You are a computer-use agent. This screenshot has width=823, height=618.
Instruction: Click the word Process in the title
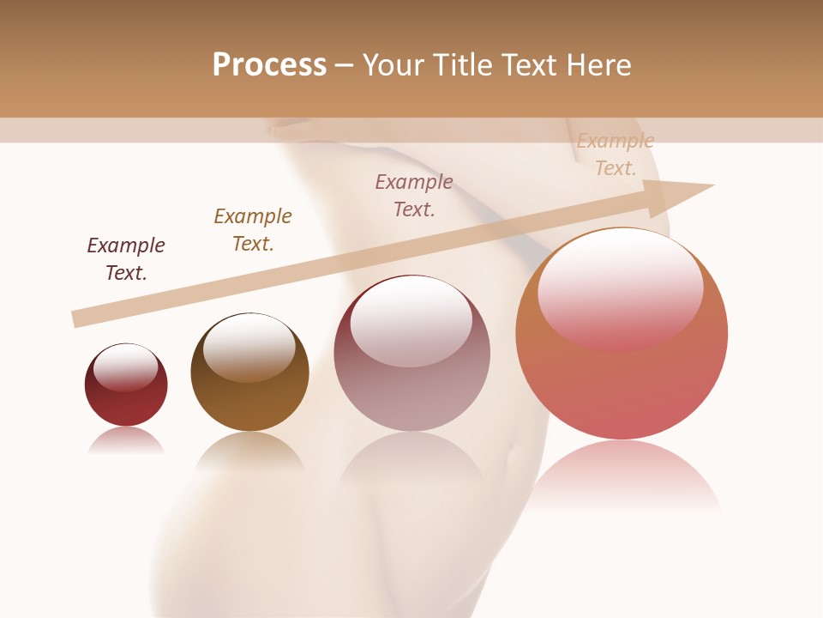[x=269, y=65]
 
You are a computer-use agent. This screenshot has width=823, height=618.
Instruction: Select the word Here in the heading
[x=598, y=65]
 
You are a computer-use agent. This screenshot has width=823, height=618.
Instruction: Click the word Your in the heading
[x=395, y=65]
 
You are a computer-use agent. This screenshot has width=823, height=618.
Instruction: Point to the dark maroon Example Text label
[x=126, y=259]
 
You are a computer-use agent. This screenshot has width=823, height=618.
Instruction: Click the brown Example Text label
[x=253, y=230]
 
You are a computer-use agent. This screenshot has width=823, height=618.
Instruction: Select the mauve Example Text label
[x=414, y=196]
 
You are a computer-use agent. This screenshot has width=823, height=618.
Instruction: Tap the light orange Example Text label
[x=616, y=154]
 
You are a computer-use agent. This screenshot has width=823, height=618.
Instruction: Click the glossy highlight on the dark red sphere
[x=126, y=367]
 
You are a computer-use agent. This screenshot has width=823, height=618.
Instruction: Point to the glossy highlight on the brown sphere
[x=249, y=346]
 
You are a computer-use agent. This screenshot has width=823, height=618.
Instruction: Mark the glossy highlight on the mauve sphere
[x=411, y=322]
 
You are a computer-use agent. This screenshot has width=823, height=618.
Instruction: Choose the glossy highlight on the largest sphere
[x=621, y=288]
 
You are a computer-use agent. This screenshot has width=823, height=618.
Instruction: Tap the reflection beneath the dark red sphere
[x=126, y=439]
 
